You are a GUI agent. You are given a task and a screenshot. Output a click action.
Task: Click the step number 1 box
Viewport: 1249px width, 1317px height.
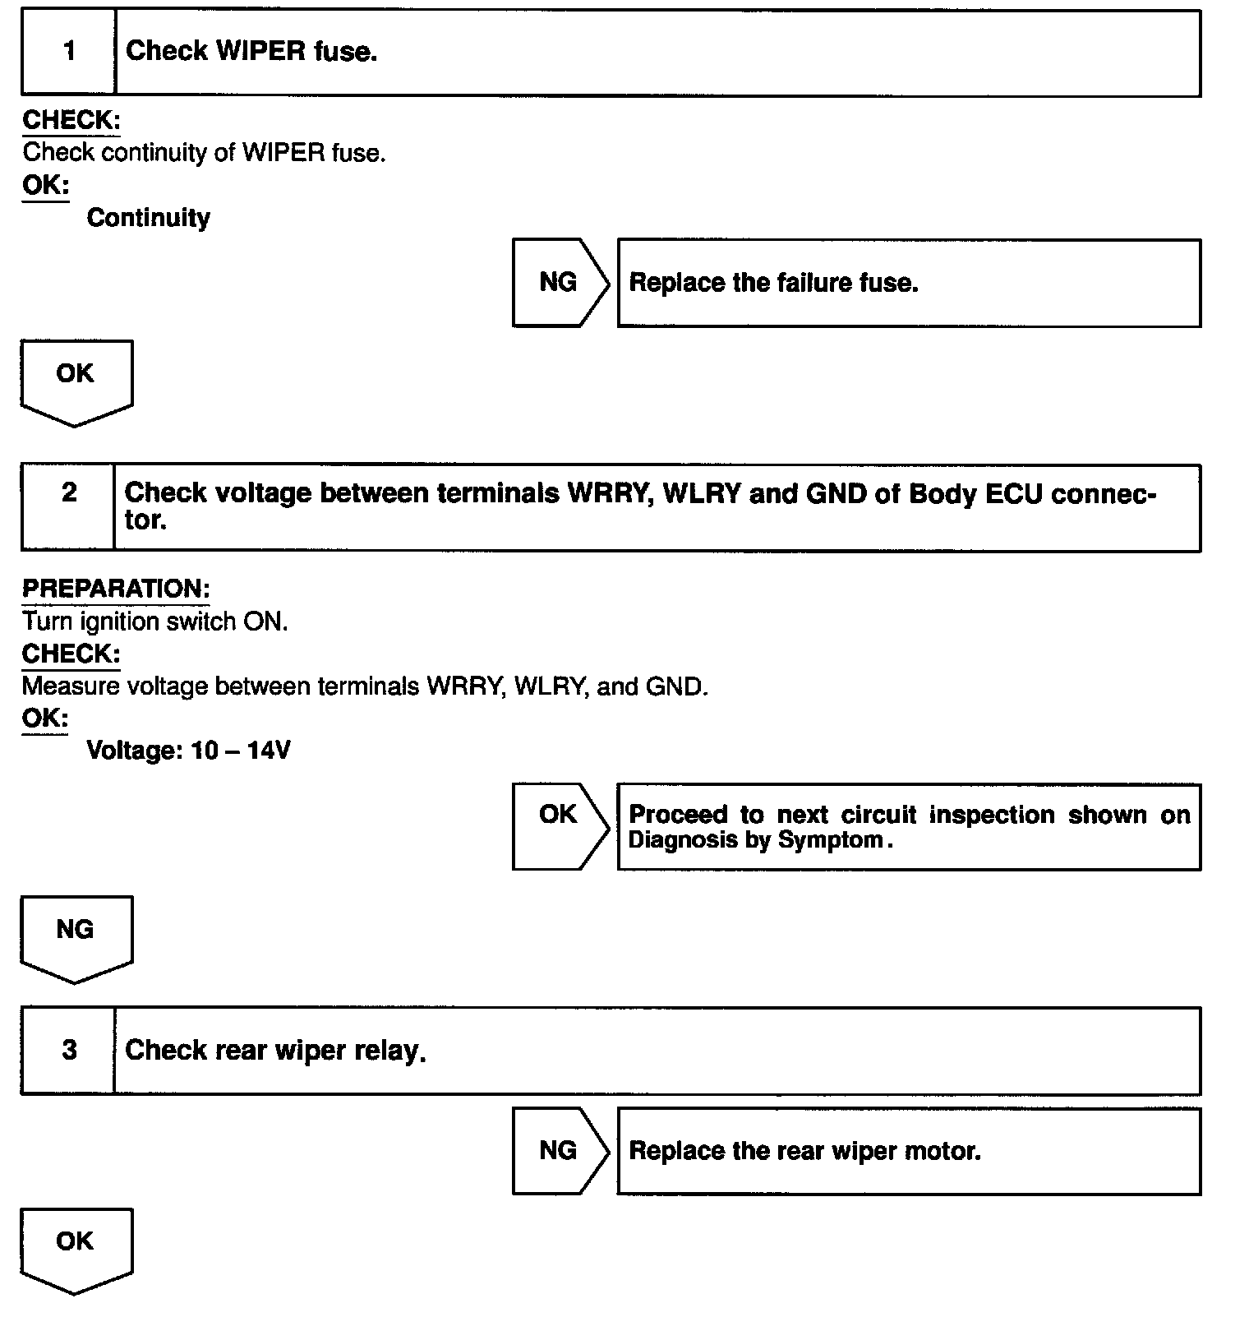(x=69, y=52)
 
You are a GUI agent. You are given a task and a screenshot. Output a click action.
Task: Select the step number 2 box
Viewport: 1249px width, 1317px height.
(x=69, y=507)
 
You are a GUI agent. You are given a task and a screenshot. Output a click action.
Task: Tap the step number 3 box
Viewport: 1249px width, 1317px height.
(x=69, y=1050)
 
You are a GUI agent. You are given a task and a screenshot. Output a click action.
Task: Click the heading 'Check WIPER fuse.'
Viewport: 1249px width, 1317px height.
(x=251, y=52)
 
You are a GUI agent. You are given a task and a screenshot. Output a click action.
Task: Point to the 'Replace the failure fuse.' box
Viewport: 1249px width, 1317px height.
(x=908, y=283)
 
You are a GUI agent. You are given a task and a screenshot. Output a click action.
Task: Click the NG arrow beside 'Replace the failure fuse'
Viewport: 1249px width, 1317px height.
(x=560, y=283)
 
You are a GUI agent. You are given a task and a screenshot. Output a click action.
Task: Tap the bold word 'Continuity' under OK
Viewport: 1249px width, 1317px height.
(x=149, y=218)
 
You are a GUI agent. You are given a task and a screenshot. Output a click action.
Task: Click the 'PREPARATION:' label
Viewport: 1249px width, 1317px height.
(x=116, y=589)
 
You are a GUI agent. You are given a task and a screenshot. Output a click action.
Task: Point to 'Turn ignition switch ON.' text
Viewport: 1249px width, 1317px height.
(x=155, y=622)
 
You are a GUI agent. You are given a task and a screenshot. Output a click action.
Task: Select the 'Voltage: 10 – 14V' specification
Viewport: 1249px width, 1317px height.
(x=188, y=751)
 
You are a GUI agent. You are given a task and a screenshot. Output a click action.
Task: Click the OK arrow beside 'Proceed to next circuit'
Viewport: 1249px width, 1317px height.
(x=560, y=825)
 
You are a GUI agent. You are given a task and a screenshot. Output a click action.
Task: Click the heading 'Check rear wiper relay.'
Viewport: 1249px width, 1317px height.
(x=275, y=1051)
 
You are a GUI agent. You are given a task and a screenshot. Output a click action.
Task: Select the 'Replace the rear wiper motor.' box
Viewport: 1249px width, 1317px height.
(x=908, y=1151)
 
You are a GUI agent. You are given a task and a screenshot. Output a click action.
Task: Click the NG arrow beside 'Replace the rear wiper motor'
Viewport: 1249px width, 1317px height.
(x=560, y=1150)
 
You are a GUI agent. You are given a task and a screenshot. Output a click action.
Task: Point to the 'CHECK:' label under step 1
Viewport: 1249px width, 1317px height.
(x=71, y=120)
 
